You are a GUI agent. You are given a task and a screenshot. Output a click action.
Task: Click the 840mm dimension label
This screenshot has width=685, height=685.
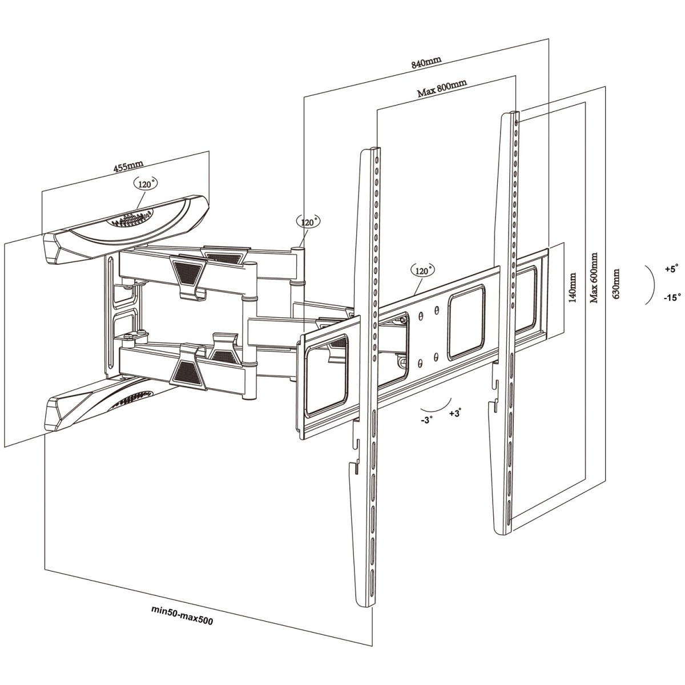point(426,59)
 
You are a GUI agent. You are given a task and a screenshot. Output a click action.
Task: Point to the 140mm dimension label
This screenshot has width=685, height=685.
point(573,287)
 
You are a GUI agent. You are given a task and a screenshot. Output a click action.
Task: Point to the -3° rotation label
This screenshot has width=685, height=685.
point(427,418)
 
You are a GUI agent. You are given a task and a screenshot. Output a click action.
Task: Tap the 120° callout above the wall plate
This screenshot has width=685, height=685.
point(146,183)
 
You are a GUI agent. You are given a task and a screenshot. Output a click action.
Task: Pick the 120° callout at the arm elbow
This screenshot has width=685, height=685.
point(309,221)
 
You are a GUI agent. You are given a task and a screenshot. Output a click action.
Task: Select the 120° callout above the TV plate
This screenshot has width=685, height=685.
point(423,269)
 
